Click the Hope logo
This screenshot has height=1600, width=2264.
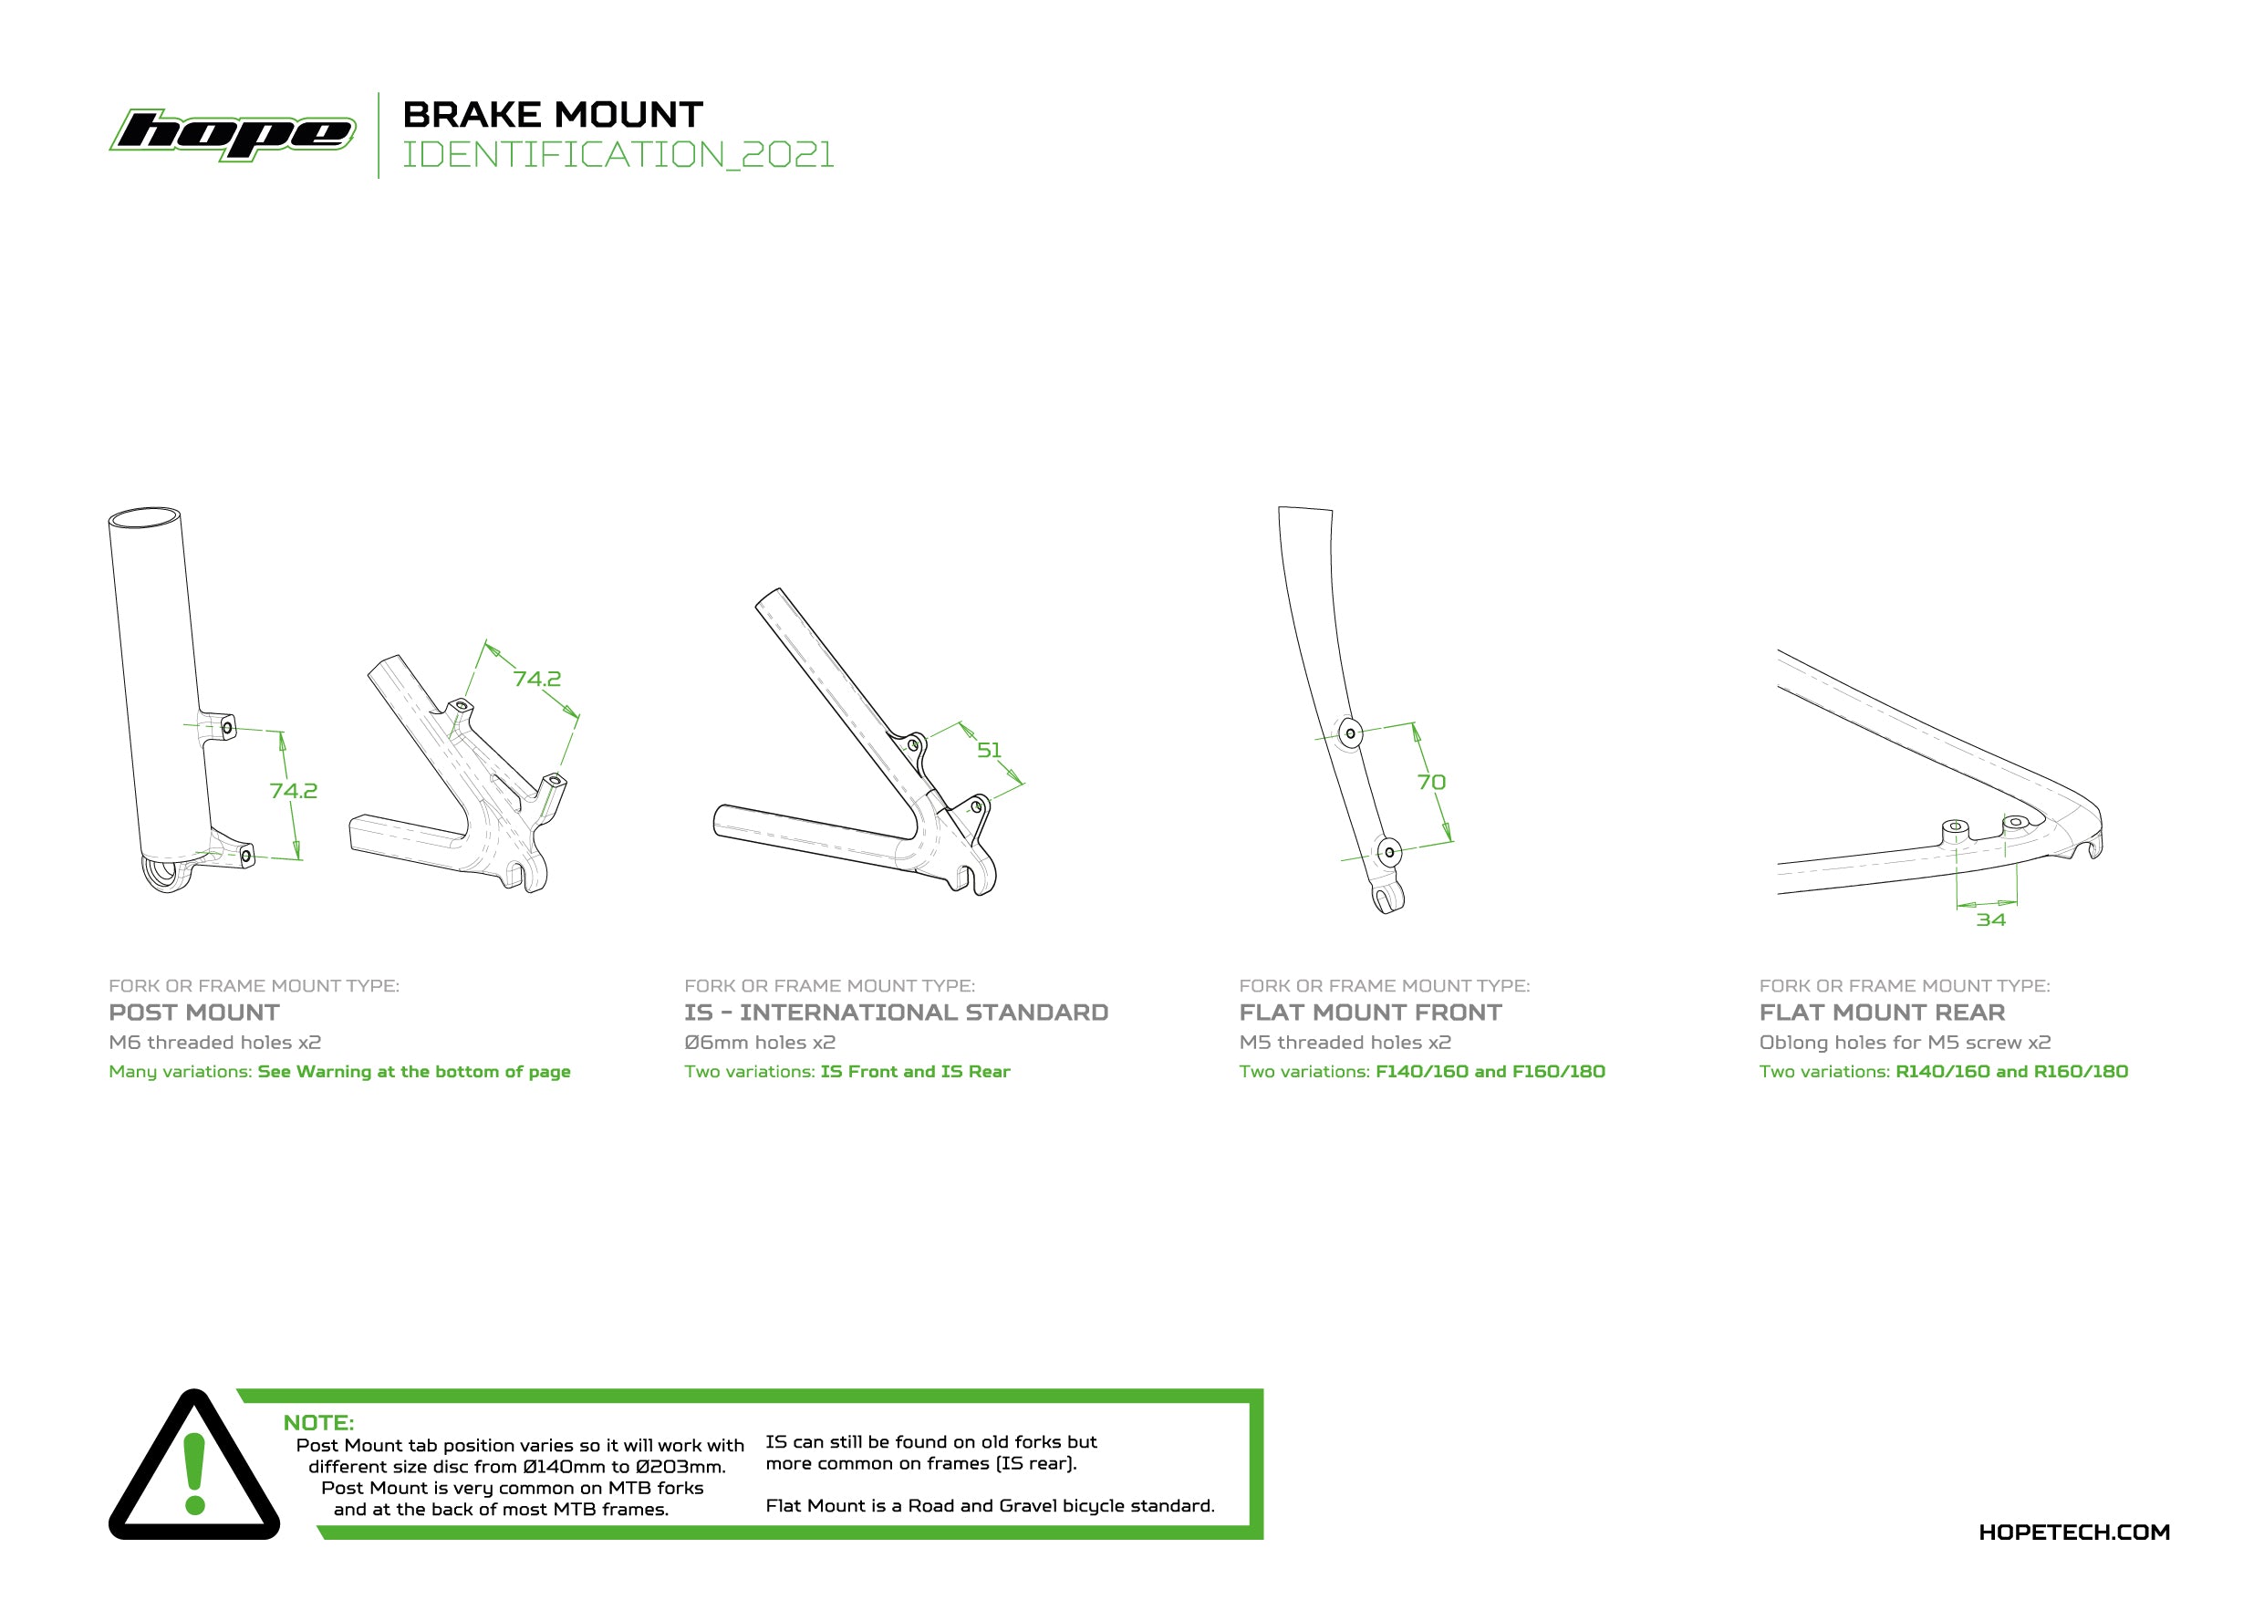pyautogui.click(x=233, y=134)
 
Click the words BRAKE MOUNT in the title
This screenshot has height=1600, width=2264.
pyautogui.click(x=553, y=114)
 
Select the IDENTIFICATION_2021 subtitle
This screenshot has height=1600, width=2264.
pyautogui.click(x=618, y=155)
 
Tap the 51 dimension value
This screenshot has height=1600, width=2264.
pyautogui.click(x=989, y=750)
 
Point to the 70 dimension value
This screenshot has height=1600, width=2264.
pyautogui.click(x=1431, y=782)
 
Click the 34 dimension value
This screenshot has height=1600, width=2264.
pyautogui.click(x=1991, y=919)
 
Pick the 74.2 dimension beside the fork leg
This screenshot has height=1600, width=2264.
pyautogui.click(x=294, y=791)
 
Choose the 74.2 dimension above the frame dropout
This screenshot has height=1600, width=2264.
pyautogui.click(x=537, y=680)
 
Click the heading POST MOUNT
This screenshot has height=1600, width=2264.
pyautogui.click(x=194, y=1013)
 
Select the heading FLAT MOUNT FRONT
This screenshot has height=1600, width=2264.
pyautogui.click(x=1371, y=1013)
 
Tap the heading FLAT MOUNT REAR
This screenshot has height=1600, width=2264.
pyautogui.click(x=1883, y=1013)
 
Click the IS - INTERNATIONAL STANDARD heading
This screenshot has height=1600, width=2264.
pyautogui.click(x=897, y=1013)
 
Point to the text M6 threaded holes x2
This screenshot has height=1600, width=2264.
pyautogui.click(x=215, y=1042)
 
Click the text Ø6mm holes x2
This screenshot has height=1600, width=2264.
pyautogui.click(x=760, y=1042)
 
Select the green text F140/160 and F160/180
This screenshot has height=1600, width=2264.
pyautogui.click(x=1490, y=1072)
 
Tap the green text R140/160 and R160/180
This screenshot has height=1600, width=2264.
pyautogui.click(x=2011, y=1072)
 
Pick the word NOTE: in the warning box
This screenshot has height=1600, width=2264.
pyautogui.click(x=318, y=1422)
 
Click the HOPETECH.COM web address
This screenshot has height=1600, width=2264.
pyautogui.click(x=2074, y=1532)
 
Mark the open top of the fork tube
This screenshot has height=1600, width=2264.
pyautogui.click(x=144, y=518)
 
